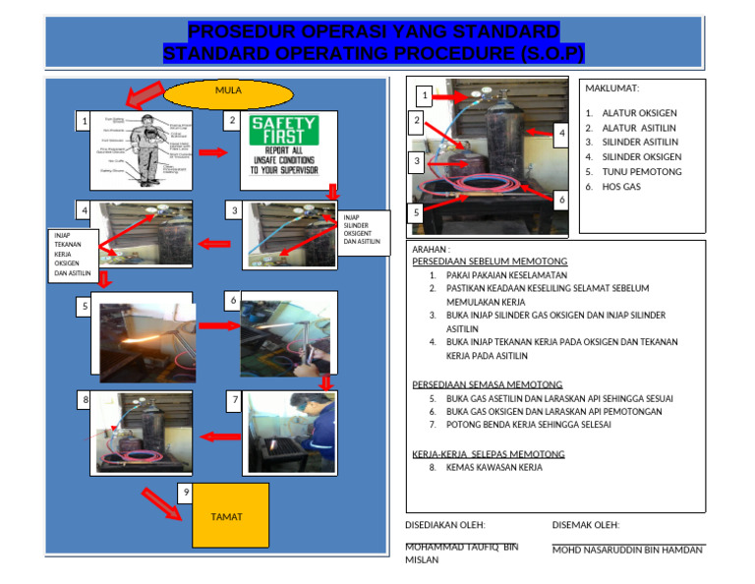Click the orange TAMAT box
tap(229, 515)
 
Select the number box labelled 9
tap(187, 492)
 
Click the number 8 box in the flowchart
tap(86, 400)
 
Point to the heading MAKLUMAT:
tap(612, 88)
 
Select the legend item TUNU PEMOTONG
tap(641, 171)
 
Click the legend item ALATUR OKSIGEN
tap(640, 113)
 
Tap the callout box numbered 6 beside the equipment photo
tap(561, 200)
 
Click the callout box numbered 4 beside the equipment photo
tap(560, 133)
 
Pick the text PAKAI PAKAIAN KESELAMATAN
tap(506, 275)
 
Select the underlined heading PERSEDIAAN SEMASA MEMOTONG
tap(487, 384)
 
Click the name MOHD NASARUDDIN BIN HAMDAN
tap(627, 551)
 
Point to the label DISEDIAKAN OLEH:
tap(445, 526)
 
